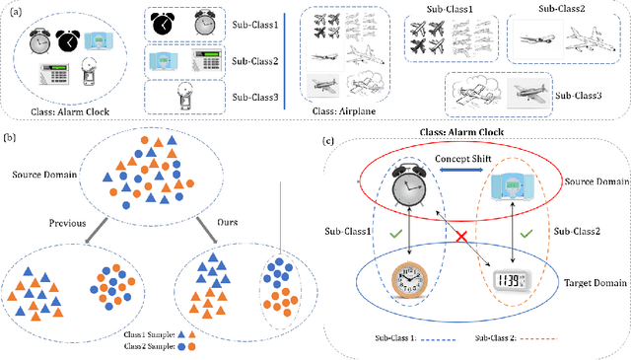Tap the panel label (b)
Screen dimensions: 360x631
pos(12,139)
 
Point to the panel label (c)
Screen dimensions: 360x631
pos(330,141)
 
